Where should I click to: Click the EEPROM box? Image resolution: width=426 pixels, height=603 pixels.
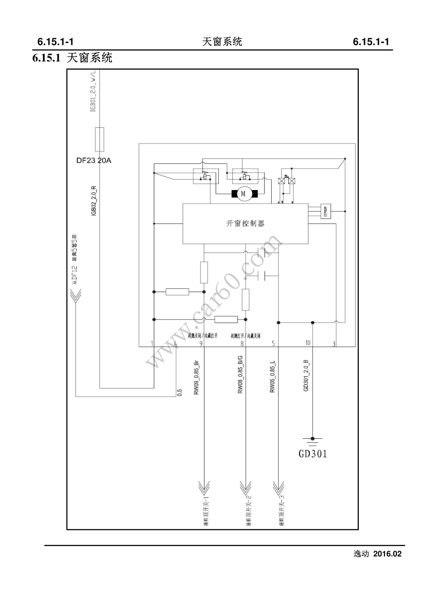(x=326, y=211)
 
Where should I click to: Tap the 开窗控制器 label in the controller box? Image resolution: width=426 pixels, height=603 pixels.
(x=245, y=223)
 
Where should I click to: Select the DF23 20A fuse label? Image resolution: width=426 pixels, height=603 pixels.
(x=94, y=160)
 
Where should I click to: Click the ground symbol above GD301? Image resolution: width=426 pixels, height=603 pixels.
(x=313, y=440)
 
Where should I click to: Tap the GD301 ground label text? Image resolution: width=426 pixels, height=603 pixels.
(x=313, y=454)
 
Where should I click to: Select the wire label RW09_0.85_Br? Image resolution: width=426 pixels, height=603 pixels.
(x=196, y=377)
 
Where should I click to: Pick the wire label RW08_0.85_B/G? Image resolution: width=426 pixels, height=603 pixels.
(x=240, y=377)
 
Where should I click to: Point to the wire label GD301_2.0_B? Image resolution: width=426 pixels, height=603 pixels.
(x=306, y=375)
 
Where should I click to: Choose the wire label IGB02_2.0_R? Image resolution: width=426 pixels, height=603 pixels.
(x=94, y=201)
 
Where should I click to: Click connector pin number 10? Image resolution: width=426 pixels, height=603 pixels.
(x=308, y=343)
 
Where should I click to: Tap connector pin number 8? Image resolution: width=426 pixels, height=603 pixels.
(x=242, y=344)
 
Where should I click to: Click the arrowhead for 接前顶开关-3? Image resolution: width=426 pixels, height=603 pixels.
(x=278, y=486)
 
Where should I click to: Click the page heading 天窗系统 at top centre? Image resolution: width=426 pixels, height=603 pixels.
(x=222, y=42)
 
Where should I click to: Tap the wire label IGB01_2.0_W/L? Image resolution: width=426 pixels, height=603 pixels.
(x=93, y=94)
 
